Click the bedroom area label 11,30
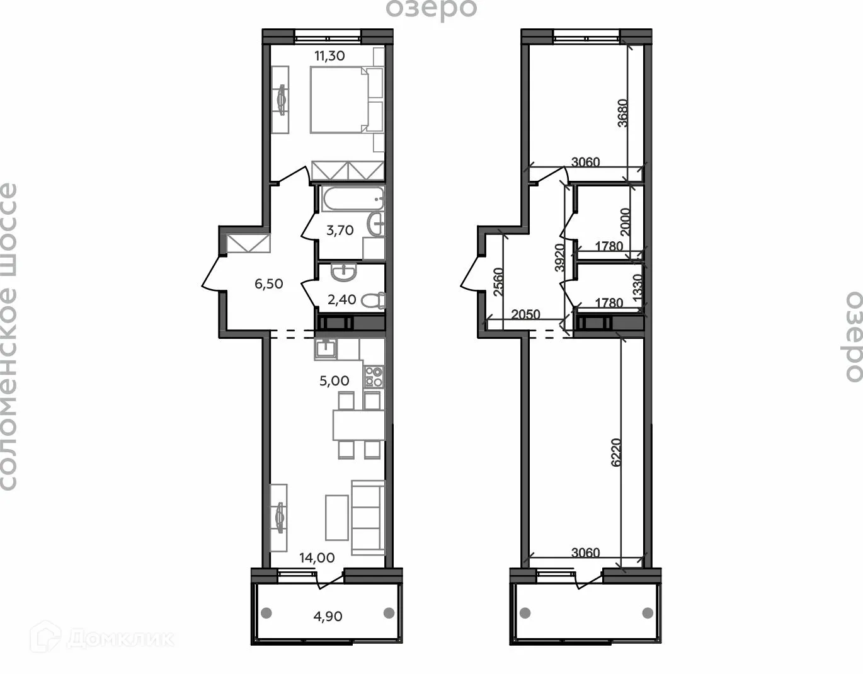pyautogui.click(x=329, y=55)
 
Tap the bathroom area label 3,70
pyautogui.click(x=340, y=231)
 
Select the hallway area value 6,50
pyautogui.click(x=268, y=284)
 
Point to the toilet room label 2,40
pyautogui.click(x=342, y=299)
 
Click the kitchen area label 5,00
pyautogui.click(x=334, y=380)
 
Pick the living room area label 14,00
pyautogui.click(x=317, y=557)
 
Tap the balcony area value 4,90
pyautogui.click(x=328, y=616)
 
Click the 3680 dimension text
pyautogui.click(x=622, y=113)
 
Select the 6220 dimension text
pyautogui.click(x=616, y=452)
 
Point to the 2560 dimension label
pyautogui.click(x=498, y=282)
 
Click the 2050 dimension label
pyautogui.click(x=525, y=314)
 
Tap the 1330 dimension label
pyautogui.click(x=637, y=289)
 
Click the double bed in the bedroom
pyautogui.click(x=338, y=101)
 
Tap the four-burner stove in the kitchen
pyautogui.click(x=374, y=377)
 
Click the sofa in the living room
pyautogui.click(x=368, y=517)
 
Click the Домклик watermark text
pyautogui.click(x=120, y=639)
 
